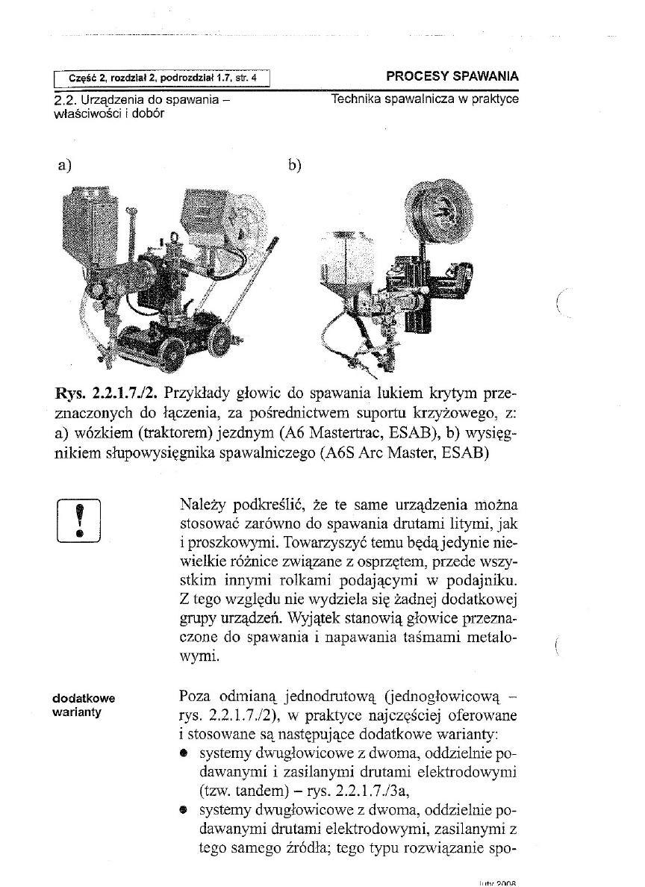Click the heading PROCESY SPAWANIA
pyautogui.click(x=452, y=76)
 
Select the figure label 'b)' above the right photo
pyautogui.click(x=293, y=165)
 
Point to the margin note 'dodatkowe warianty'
pyautogui.click(x=83, y=705)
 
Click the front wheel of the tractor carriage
pyautogui.click(x=175, y=348)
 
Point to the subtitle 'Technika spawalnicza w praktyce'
pyautogui.click(x=426, y=99)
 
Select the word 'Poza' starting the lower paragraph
pyautogui.click(x=196, y=697)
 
